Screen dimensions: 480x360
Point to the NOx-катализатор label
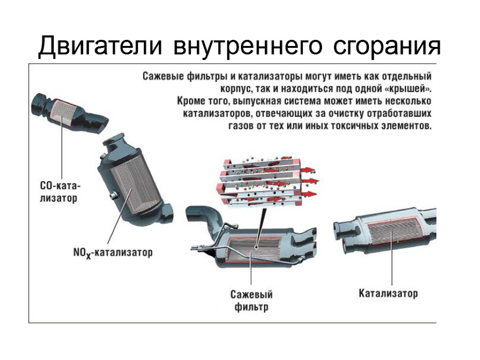click(112, 253)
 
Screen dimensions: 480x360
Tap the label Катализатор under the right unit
click(388, 294)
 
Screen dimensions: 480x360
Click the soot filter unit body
click(255, 251)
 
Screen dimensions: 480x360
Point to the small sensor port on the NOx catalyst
click(112, 195)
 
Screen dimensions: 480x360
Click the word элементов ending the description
click(405, 127)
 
